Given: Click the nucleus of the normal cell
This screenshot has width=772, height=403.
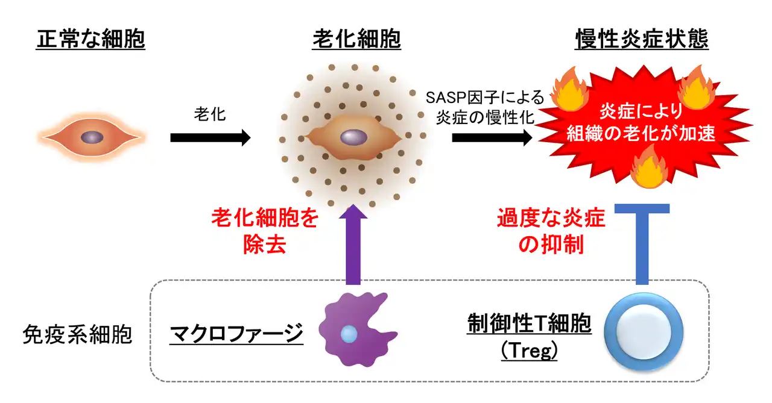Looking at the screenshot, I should point(92,137).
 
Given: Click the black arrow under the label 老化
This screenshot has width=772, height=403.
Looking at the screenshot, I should point(210,137).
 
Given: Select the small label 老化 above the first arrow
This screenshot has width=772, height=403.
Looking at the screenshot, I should point(210,113).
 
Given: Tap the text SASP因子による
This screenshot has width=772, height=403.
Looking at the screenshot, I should point(485,98).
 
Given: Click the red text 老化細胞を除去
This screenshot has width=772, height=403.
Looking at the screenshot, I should point(264,231).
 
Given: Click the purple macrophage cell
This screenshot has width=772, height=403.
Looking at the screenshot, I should point(356,331).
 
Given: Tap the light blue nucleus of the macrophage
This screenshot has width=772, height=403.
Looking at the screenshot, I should point(349,333).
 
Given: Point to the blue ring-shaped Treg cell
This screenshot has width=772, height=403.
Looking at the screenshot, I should point(644,334).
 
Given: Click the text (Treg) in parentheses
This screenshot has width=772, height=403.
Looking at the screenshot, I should point(529,351).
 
